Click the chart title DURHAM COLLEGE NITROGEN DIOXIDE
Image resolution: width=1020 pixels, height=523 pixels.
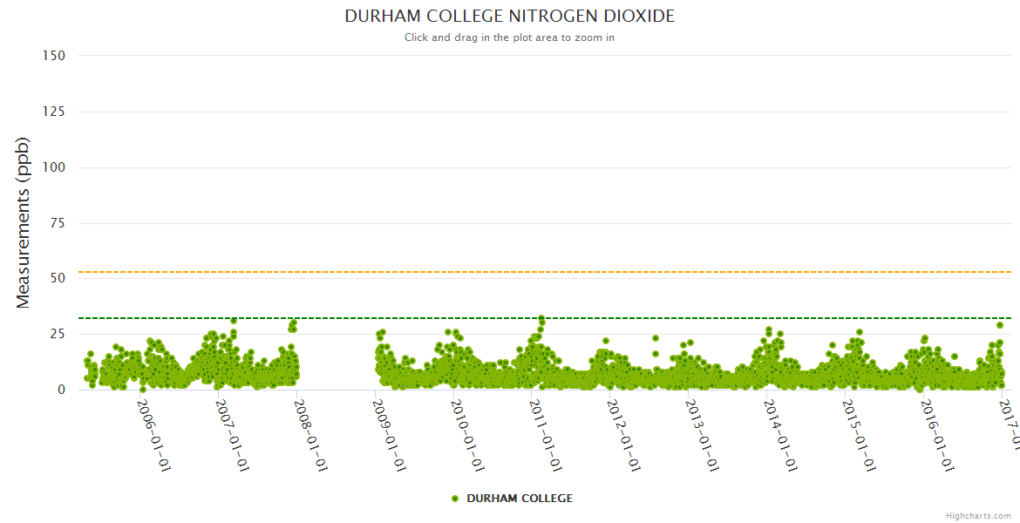[509, 17]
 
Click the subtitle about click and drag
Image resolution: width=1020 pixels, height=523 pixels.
[509, 37]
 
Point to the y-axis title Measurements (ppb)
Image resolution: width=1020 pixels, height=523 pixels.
[24, 222]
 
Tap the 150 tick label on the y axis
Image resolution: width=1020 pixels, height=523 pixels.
[54, 56]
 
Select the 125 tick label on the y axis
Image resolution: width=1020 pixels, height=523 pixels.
[54, 112]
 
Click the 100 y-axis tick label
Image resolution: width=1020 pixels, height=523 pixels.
[54, 167]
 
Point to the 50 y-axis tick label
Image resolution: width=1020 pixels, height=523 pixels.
[58, 278]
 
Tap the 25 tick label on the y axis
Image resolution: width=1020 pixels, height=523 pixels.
[58, 334]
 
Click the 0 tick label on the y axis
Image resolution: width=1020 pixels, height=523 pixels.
[61, 390]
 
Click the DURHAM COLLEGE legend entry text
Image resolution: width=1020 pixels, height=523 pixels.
[520, 499]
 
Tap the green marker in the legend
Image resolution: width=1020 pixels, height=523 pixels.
[455, 499]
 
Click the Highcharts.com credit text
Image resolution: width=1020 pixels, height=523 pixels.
[978, 515]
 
